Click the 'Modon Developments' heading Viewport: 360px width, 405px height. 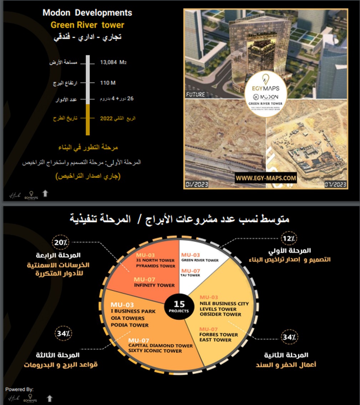coord(87,13)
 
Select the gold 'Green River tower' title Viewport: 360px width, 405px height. coord(87,25)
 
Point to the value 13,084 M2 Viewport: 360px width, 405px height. coord(113,62)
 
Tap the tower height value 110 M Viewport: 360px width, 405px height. coord(108,83)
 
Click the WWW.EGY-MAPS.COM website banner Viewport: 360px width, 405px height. coord(266,178)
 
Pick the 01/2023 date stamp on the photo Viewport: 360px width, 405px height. coord(197,184)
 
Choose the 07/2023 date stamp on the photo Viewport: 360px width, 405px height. coord(335,184)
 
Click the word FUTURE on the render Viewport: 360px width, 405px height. coord(195,94)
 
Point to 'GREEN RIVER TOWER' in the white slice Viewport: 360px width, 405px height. coord(200,260)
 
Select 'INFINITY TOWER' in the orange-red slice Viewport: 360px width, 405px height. coord(154,285)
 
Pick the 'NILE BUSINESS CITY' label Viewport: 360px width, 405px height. coord(224,304)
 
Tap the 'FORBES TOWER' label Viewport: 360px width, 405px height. coord(219,335)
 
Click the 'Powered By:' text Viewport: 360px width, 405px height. coord(19,389)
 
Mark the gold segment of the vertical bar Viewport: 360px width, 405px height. coord(87,119)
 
